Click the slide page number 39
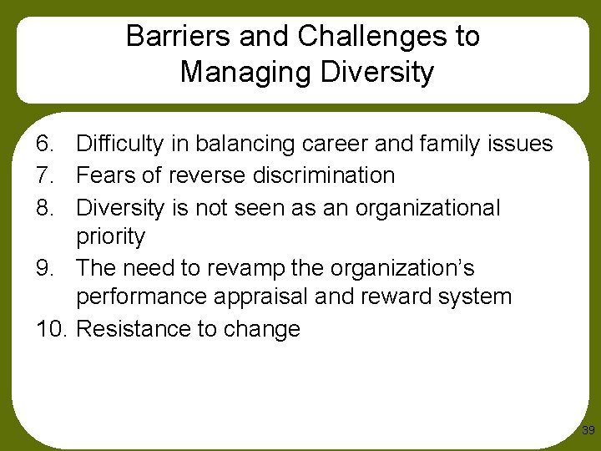point(588,431)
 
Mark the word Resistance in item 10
point(133,329)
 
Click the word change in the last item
point(260,329)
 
